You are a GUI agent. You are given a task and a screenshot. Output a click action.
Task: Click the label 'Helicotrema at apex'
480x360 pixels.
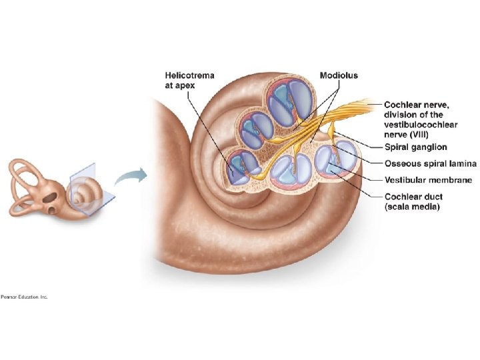pyautogui.click(x=189, y=80)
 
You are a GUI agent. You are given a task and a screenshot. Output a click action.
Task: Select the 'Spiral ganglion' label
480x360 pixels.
pyautogui.click(x=415, y=147)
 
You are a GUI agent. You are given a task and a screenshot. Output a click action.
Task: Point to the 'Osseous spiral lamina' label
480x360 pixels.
pyautogui.click(x=429, y=163)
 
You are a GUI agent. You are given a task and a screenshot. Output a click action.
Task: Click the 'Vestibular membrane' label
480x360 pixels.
pyautogui.click(x=428, y=180)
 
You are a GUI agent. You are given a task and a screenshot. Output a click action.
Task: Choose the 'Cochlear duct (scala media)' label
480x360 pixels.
pyautogui.click(x=413, y=201)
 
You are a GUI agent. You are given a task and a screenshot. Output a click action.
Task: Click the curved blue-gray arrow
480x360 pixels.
pyautogui.click(x=130, y=177)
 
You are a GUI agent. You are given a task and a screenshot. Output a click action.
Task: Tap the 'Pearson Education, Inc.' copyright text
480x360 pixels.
pyautogui.click(x=25, y=297)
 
